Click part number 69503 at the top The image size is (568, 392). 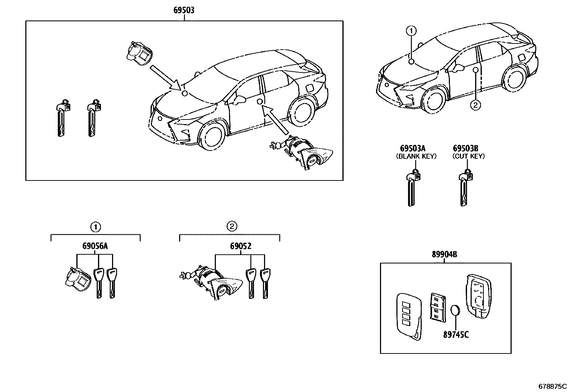point(184,10)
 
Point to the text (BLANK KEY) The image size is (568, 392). point(416,156)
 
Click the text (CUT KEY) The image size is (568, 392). point(468,156)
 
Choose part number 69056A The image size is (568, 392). point(95,246)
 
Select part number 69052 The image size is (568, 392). point(240,246)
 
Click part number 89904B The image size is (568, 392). point(445,254)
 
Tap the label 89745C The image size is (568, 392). point(456,334)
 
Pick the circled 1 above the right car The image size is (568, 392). point(411,31)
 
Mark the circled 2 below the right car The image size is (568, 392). point(475,105)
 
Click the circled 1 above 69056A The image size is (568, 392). point(95,226)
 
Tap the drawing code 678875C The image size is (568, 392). point(552,386)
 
